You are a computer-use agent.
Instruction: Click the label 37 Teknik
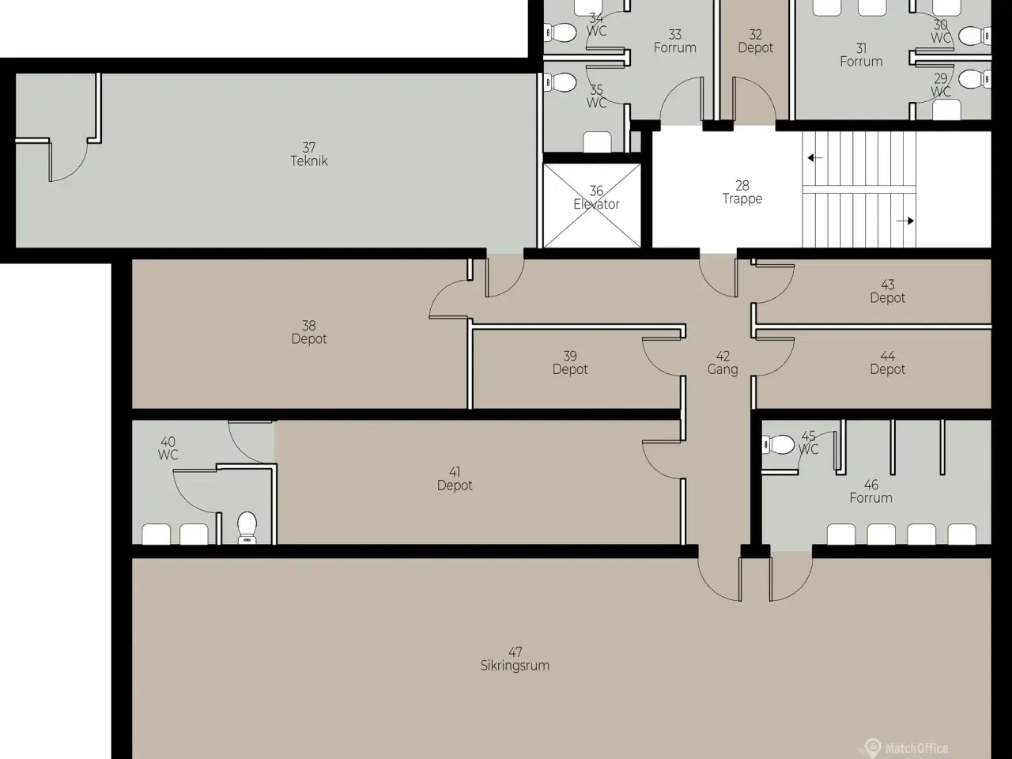(309, 154)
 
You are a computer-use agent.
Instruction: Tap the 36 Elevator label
(596, 198)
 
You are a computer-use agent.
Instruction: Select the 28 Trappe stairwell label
(742, 192)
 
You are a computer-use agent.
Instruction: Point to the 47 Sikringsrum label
(515, 659)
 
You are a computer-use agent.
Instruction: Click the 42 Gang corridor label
(723, 363)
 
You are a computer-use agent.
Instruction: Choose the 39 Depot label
(570, 363)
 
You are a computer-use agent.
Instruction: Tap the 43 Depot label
(888, 291)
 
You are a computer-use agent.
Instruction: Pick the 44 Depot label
(888, 363)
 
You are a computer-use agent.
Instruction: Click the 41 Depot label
(455, 479)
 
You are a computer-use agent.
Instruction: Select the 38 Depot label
(309, 332)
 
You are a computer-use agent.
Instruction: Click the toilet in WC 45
(778, 444)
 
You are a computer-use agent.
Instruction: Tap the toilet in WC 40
(247, 527)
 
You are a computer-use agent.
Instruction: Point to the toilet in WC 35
(561, 83)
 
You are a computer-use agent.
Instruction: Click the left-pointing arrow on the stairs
(814, 158)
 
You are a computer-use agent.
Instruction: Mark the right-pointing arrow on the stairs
(905, 221)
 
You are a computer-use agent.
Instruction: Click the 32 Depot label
(755, 41)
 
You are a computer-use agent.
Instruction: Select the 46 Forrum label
(871, 491)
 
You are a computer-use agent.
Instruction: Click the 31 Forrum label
(861, 55)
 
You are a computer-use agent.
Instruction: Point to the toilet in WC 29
(975, 79)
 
